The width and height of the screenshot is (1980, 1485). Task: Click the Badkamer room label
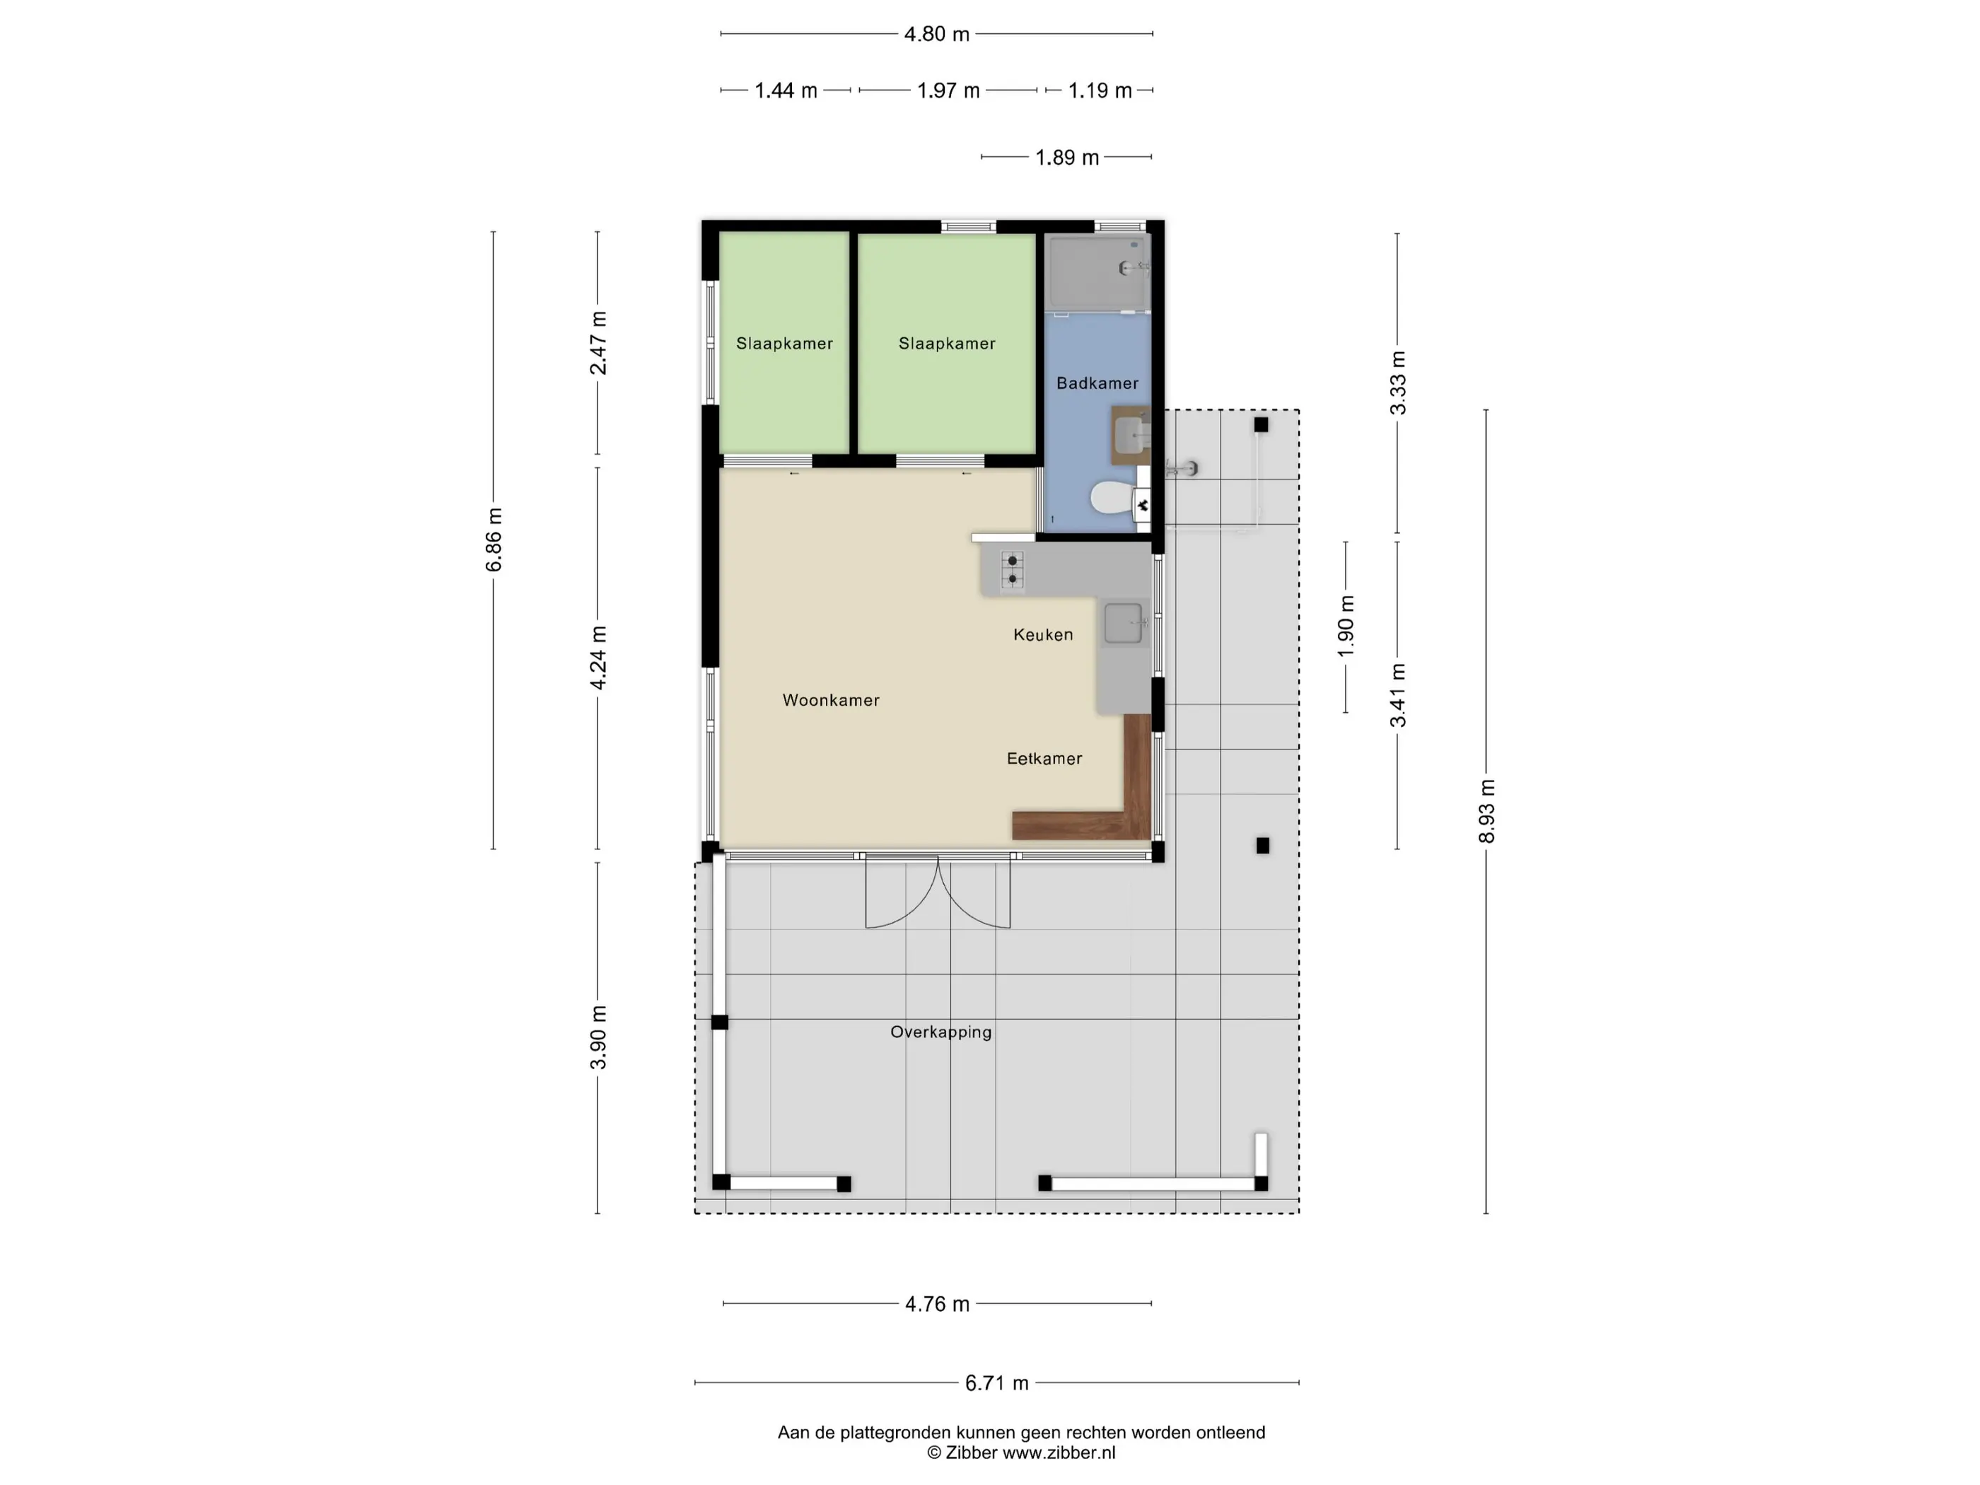1097,383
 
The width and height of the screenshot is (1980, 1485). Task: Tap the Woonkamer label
831,700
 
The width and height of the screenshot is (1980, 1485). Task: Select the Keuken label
1043,634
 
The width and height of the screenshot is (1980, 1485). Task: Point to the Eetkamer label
1044,758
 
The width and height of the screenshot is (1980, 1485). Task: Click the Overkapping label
940,1032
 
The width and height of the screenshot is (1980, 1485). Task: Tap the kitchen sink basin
1124,623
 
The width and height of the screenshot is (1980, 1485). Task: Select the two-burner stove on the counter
1013,570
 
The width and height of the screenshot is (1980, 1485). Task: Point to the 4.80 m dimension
936,34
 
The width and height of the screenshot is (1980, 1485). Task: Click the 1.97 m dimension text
948,91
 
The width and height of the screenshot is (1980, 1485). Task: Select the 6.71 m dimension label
996,1383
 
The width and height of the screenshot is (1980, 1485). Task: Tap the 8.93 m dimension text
1486,811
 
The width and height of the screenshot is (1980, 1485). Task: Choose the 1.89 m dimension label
1067,158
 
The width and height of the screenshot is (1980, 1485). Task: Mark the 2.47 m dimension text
598,343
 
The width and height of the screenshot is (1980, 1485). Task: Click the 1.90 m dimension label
1346,626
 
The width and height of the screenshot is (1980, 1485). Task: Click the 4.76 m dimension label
937,1304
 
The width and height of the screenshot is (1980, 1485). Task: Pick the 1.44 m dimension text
786,91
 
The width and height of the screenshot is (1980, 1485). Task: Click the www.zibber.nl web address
1059,1452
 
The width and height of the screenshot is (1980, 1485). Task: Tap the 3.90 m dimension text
598,1037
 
